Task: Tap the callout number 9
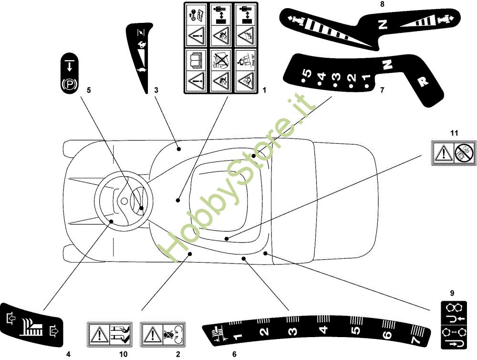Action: (452, 293)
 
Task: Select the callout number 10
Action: (124, 354)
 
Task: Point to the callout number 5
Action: (88, 89)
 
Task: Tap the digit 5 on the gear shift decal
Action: (308, 74)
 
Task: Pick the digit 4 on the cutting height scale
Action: (323, 329)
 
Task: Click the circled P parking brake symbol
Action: (69, 86)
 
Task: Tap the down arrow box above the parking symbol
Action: (69, 65)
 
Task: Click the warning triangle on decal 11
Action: (444, 153)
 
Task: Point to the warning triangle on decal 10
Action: (99, 333)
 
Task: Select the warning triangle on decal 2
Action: (152, 333)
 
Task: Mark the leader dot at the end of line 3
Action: (179, 149)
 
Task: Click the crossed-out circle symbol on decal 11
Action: (464, 153)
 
